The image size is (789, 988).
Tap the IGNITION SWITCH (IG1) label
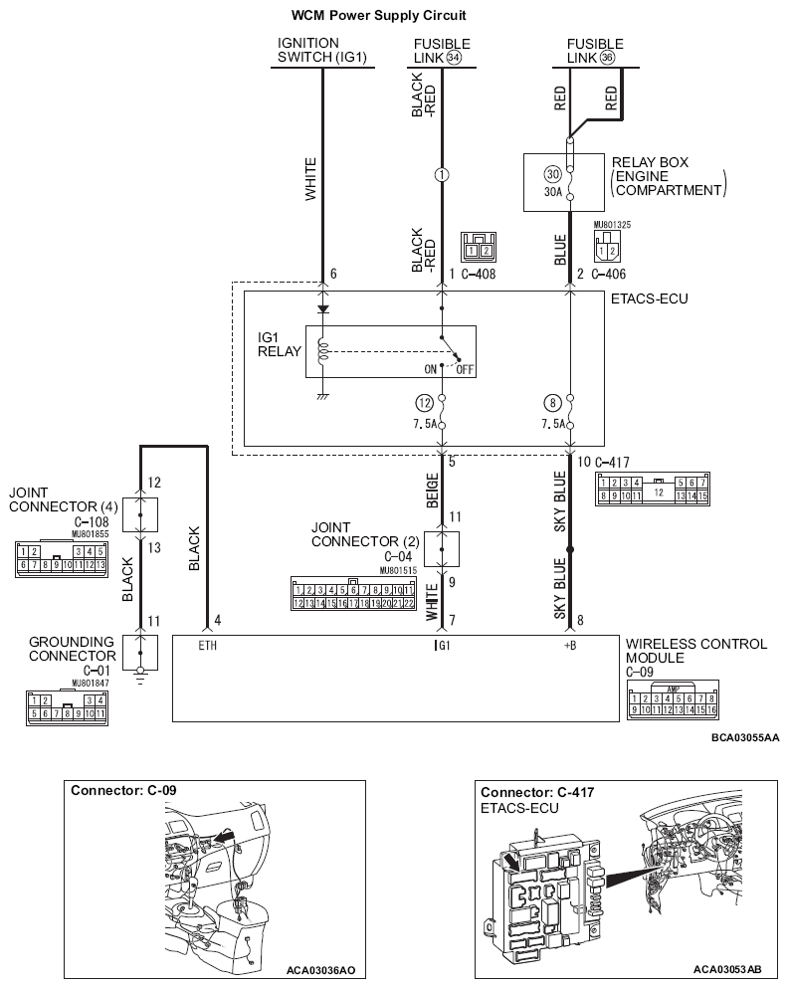pos(321,51)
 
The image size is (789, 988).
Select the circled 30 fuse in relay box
pos(552,173)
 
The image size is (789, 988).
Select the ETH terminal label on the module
pos(207,646)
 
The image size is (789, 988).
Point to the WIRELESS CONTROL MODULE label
pos(695,651)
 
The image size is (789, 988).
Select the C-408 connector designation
pos(480,273)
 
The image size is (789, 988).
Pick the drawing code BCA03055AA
pos(745,737)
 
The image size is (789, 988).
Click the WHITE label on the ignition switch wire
pos(310,179)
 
